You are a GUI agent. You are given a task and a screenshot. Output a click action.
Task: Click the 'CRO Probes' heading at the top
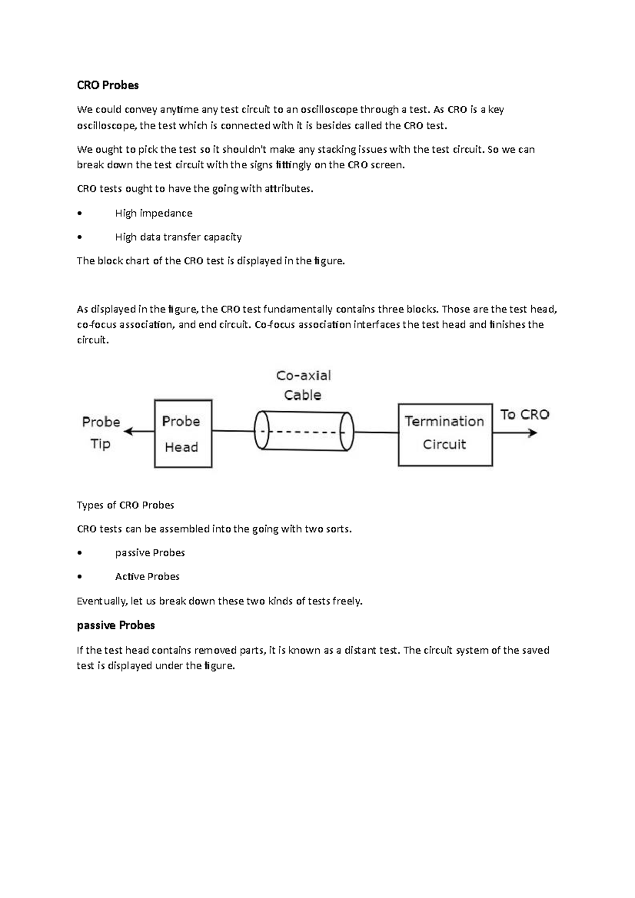(x=107, y=85)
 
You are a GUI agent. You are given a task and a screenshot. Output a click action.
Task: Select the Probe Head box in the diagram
(x=183, y=434)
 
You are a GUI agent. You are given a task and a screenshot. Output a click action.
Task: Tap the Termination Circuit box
(x=445, y=434)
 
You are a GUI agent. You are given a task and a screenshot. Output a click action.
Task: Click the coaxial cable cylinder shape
(x=304, y=431)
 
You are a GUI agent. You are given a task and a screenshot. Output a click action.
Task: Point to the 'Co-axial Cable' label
(x=303, y=385)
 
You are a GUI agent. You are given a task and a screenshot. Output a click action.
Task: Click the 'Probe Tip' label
(x=101, y=432)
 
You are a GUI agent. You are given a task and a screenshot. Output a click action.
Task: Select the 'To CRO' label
(x=524, y=415)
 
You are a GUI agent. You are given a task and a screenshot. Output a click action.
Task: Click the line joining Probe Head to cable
(x=233, y=431)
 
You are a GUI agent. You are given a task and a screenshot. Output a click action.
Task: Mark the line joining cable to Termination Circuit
(x=376, y=432)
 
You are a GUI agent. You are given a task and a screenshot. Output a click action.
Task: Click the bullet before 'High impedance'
(x=79, y=214)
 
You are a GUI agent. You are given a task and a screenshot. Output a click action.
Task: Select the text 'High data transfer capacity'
(x=178, y=237)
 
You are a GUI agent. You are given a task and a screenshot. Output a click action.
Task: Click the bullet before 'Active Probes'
(x=79, y=577)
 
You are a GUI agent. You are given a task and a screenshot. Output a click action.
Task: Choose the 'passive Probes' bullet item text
(x=150, y=553)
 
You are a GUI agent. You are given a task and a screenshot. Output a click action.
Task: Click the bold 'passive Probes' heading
(x=116, y=625)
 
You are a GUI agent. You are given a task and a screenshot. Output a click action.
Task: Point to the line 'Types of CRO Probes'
(x=125, y=505)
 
